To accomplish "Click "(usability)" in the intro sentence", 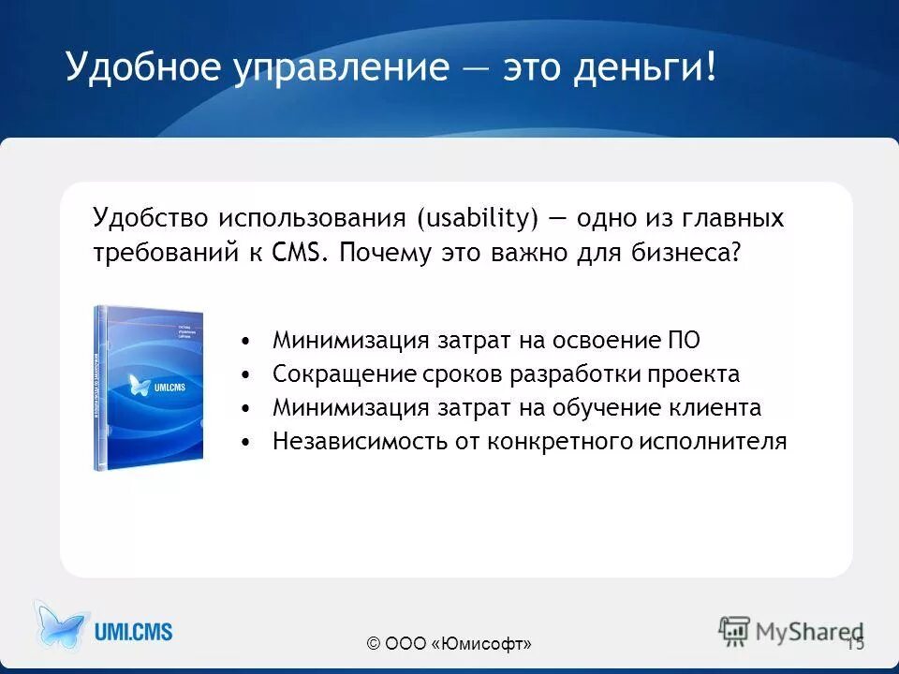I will coord(479,220).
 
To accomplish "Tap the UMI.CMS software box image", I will coord(149,387).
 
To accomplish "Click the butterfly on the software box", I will coord(140,385).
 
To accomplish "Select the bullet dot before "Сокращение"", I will coord(245,374).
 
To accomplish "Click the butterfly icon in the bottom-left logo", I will coord(61,627).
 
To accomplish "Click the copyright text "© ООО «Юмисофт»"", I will coord(449,644).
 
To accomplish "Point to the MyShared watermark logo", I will coord(791,631).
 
